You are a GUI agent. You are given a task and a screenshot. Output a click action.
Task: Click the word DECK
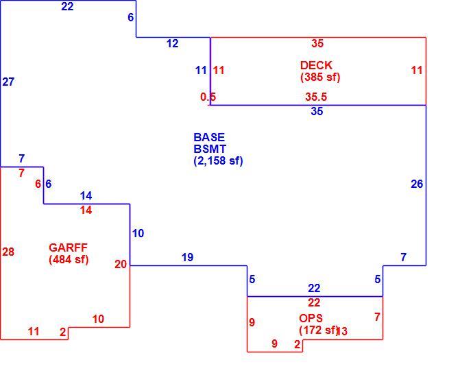pos(316,65)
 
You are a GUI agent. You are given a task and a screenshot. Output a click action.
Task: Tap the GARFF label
pos(68,248)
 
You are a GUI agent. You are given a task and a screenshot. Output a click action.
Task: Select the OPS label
pos(311,318)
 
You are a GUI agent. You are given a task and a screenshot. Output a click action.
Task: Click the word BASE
pos(209,137)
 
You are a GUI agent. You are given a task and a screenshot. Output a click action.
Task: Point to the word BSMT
pos(210,149)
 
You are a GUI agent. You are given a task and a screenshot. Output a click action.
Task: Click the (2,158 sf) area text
pos(218,160)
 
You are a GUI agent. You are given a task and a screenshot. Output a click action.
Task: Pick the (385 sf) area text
pos(320,77)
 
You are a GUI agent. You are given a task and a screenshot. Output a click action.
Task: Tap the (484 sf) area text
pos(69,260)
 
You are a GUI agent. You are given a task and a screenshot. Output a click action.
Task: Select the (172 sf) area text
pos(319,330)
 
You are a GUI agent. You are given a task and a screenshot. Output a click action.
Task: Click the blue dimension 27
pos(8,82)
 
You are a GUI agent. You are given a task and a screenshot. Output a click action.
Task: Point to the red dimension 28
pos(8,252)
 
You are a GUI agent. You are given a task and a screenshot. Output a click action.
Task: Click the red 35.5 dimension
pos(316,97)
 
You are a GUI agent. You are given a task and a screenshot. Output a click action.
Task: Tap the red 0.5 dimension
pos(208,97)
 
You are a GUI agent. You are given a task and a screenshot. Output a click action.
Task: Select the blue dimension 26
pos(417,184)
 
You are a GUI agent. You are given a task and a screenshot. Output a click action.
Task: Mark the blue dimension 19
pos(187,257)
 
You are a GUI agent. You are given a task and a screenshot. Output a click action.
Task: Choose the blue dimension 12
pos(173,44)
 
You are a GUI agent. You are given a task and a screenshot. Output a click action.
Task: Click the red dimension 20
pos(121,264)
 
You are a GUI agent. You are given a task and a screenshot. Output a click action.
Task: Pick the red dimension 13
pos(343,331)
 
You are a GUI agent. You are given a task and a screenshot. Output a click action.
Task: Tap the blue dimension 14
pos(86,195)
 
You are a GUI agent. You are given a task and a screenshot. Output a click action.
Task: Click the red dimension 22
pos(314,302)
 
